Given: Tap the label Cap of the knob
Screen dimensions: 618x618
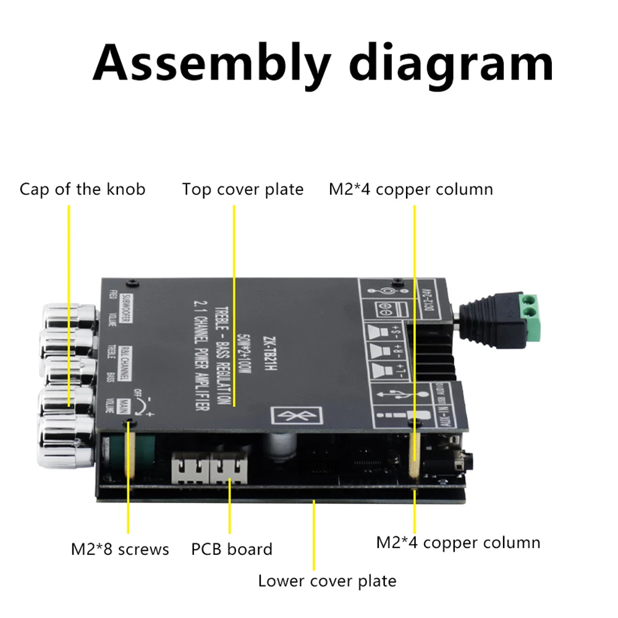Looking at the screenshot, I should [x=82, y=188].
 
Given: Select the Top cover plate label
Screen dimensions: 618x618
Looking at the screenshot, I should [x=243, y=189].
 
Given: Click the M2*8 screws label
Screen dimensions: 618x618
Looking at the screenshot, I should [x=119, y=549].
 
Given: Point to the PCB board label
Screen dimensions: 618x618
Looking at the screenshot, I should [x=231, y=549].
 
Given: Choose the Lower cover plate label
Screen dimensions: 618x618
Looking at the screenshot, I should [x=327, y=581].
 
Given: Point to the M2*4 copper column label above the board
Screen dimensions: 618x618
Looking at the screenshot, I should [x=410, y=189].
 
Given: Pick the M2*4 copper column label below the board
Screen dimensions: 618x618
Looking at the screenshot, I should [x=458, y=543].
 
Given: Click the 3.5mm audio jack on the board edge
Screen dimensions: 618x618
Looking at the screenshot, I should [x=460, y=461].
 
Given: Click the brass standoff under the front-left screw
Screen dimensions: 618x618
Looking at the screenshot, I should [x=130, y=454].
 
